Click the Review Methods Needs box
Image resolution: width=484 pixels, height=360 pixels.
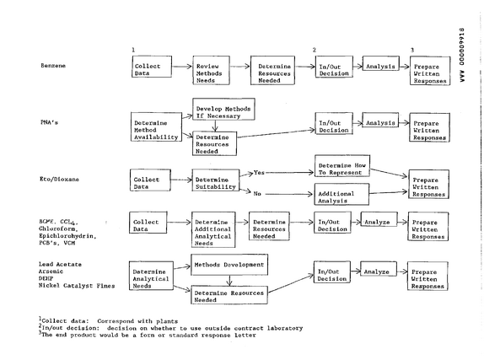(x=211, y=70)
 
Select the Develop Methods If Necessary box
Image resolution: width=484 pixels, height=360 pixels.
(x=223, y=109)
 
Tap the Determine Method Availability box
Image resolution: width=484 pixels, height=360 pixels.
(x=156, y=127)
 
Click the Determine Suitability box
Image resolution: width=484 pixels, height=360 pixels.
(x=216, y=180)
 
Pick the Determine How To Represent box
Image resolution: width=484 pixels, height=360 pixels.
(x=342, y=166)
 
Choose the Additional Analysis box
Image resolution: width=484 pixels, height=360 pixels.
(x=341, y=194)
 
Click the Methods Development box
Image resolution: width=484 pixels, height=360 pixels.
(x=229, y=265)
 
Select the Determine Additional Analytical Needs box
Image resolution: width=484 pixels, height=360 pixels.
(x=213, y=229)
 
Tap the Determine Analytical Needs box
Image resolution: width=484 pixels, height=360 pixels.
(x=151, y=276)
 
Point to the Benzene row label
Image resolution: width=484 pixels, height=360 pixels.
(x=53, y=66)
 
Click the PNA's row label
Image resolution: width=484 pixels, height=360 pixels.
(x=49, y=122)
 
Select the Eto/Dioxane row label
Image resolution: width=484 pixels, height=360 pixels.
(x=59, y=179)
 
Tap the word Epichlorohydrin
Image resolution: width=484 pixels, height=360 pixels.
(x=67, y=236)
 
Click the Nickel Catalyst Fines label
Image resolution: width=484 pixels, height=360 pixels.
(x=77, y=286)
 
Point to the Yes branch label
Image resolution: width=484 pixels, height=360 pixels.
(x=259, y=173)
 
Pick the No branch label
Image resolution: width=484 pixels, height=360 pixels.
(x=257, y=194)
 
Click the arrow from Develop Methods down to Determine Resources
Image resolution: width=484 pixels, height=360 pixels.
(x=216, y=126)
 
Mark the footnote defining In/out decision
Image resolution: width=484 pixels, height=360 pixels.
(x=170, y=328)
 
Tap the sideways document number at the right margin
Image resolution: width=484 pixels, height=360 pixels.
(x=462, y=55)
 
